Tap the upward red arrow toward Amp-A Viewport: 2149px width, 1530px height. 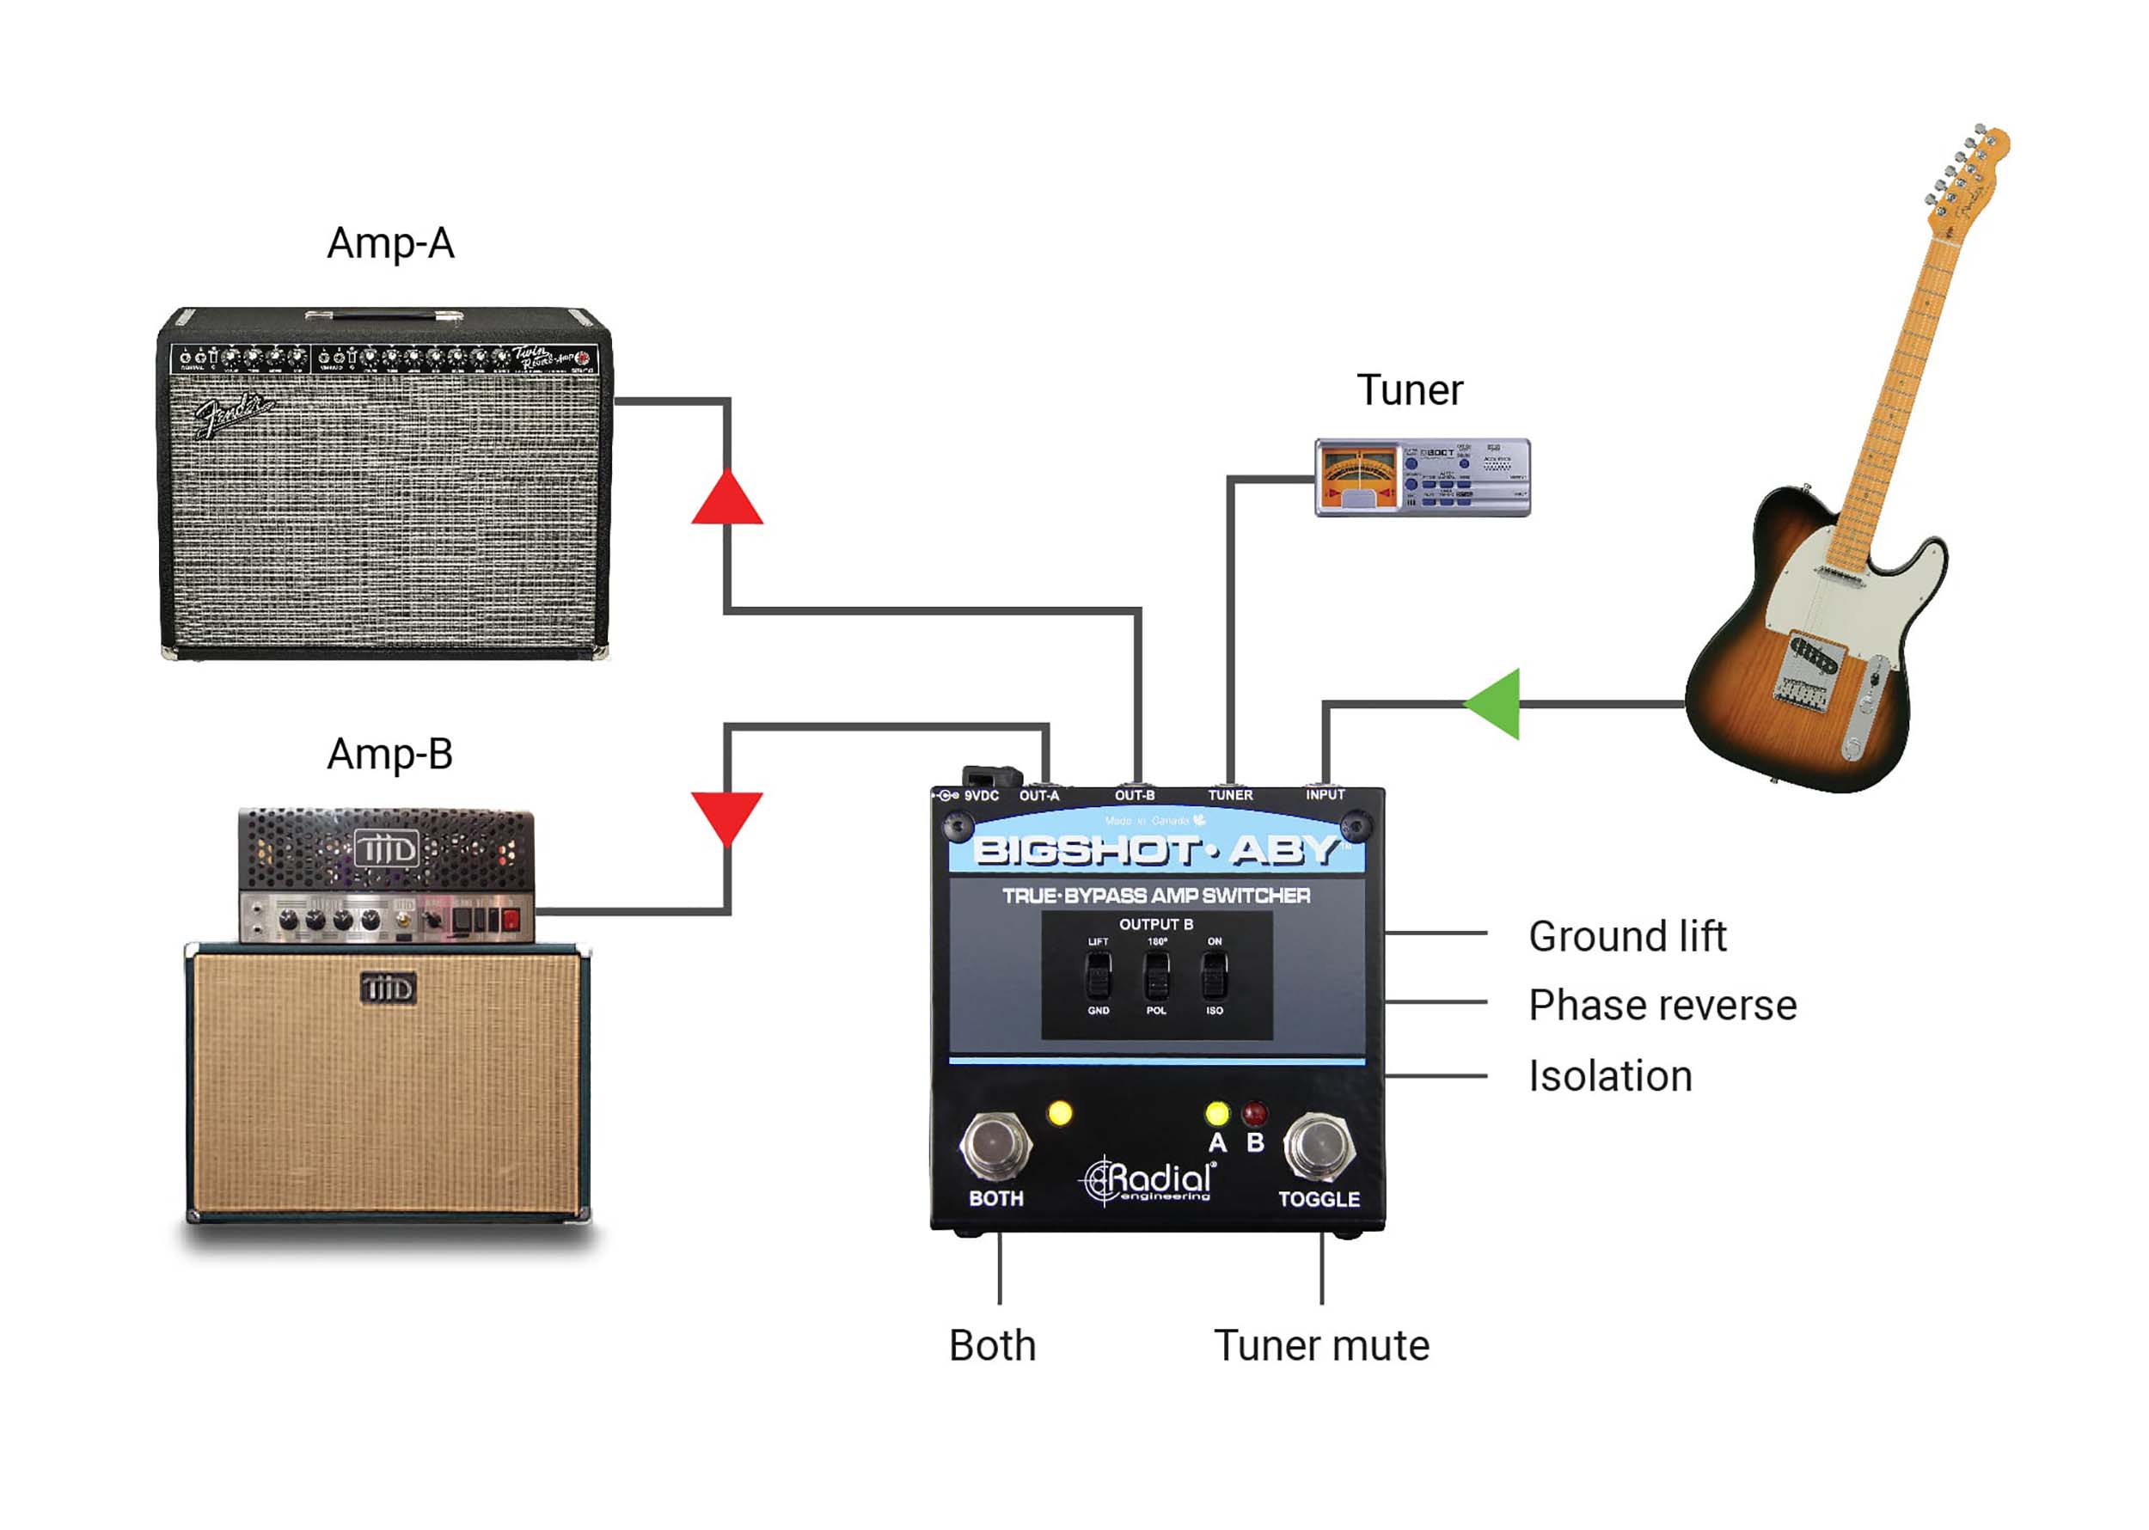click(x=726, y=501)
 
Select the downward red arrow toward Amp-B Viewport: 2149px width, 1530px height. click(x=726, y=814)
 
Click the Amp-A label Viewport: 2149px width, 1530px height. click(x=390, y=243)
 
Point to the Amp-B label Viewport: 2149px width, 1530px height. click(x=389, y=754)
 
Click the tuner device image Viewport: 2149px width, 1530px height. click(x=1422, y=478)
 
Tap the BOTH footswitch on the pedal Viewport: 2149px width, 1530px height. click(x=995, y=1146)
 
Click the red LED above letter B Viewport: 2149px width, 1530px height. click(x=1254, y=1115)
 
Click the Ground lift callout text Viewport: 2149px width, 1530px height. click(x=1627, y=936)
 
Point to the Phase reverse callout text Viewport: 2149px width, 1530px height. click(x=1662, y=1005)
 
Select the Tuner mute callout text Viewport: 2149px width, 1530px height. click(x=1321, y=1345)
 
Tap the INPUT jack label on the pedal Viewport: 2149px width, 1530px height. click(x=1325, y=795)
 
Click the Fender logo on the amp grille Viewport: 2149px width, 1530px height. click(x=232, y=415)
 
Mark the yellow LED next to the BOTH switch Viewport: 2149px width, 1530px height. click(x=1060, y=1114)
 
